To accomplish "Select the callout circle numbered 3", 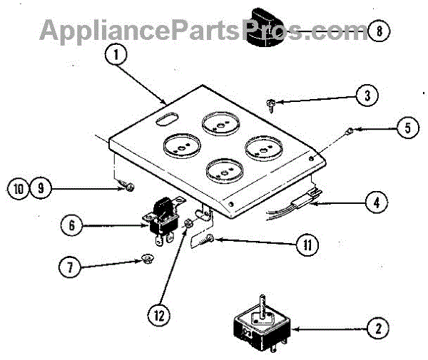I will tap(367, 95).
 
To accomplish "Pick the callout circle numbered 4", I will tap(377, 202).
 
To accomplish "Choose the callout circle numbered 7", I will tap(68, 269).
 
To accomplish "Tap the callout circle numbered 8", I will tap(381, 31).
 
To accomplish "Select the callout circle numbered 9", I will tap(40, 188).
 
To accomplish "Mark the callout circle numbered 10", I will tap(19, 188).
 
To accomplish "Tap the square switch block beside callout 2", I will tap(260, 324).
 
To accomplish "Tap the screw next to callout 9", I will tap(128, 187).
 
